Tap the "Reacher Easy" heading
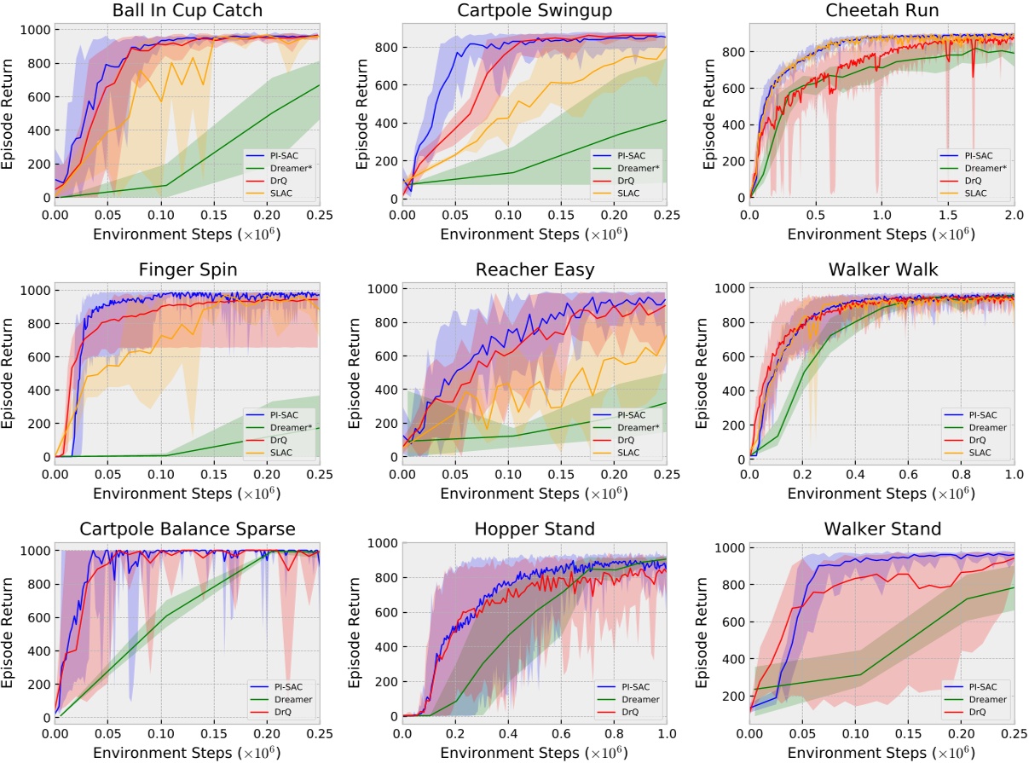(534, 270)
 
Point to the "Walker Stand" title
(882, 529)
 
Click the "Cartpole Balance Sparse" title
(188, 529)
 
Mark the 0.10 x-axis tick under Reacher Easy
(508, 471)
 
